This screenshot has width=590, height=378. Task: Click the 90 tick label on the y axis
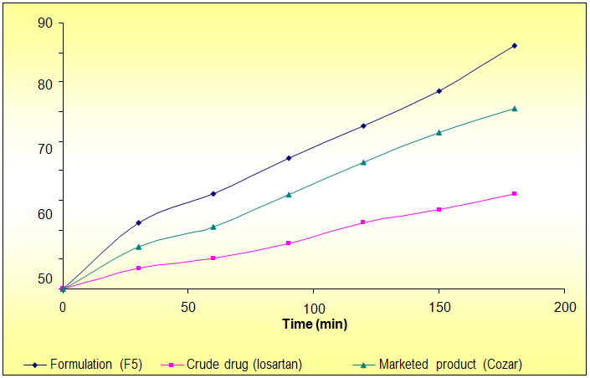click(x=45, y=23)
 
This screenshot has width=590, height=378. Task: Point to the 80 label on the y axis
click(x=45, y=83)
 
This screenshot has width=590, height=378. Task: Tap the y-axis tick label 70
click(x=45, y=149)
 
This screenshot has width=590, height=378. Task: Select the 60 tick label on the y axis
click(x=45, y=214)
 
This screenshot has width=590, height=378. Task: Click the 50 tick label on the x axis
click(x=188, y=306)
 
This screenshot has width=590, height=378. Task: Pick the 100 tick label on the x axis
click(x=314, y=306)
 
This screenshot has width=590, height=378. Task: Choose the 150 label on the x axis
click(x=439, y=306)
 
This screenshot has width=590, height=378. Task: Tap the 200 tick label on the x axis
click(x=565, y=306)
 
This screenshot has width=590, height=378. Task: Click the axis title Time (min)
click(x=314, y=324)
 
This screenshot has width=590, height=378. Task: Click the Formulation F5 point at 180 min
click(x=514, y=45)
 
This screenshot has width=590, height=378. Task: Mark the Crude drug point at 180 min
click(x=514, y=193)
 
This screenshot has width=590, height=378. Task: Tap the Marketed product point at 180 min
click(x=514, y=108)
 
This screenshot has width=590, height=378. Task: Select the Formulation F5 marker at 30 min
click(x=138, y=222)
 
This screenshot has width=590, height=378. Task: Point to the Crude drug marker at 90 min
click(x=288, y=243)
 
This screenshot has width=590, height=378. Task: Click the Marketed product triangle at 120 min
click(x=363, y=161)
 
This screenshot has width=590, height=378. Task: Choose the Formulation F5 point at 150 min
click(x=439, y=90)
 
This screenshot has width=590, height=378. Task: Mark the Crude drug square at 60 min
click(x=213, y=258)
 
